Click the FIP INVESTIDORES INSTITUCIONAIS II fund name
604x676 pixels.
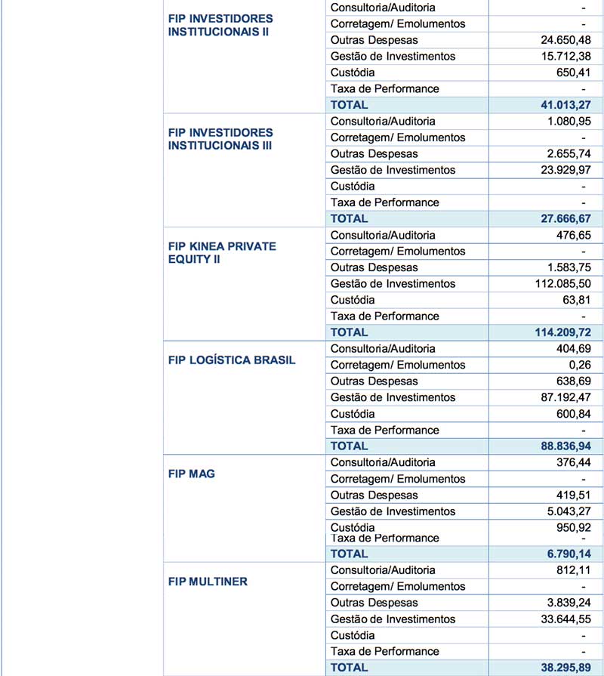pos(220,25)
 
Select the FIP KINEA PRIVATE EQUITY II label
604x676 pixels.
pos(222,253)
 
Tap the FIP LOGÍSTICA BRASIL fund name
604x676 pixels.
pos(232,360)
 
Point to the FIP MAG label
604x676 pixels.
pos(191,474)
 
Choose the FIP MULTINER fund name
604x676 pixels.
pos(208,582)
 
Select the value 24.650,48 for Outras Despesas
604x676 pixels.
pos(561,40)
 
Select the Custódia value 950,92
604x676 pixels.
pos(572,526)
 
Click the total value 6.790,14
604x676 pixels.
pos(565,554)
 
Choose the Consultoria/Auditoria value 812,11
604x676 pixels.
pos(572,570)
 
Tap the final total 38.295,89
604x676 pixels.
pos(561,668)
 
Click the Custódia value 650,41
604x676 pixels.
pos(572,73)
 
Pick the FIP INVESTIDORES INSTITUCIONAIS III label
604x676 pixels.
pos(220,139)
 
